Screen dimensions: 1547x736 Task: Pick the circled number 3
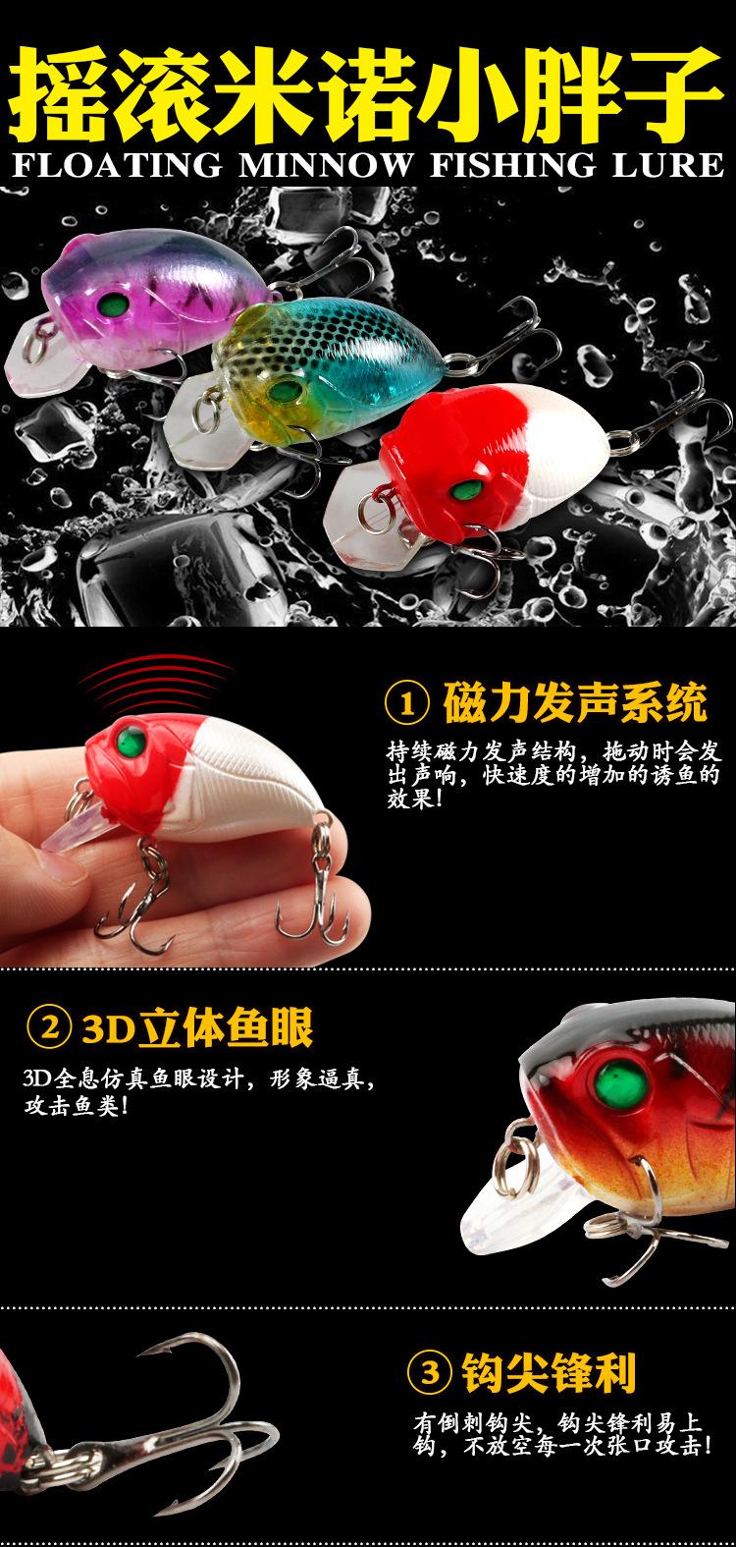pos(428,1371)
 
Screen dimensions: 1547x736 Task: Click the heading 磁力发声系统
pos(575,704)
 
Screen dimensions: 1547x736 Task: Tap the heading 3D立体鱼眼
pos(197,1030)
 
